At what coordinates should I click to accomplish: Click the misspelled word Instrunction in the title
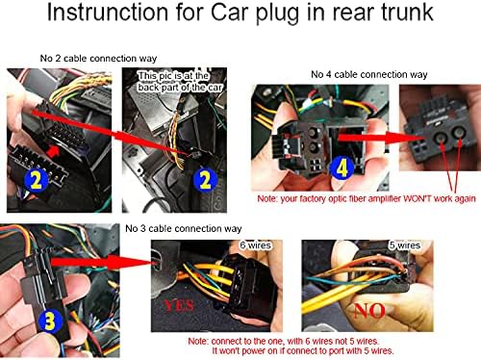point(108,13)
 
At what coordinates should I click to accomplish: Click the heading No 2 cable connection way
point(98,59)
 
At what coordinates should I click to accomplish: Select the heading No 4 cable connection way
point(369,74)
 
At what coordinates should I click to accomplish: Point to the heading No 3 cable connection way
point(184,228)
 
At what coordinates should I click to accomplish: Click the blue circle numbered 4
point(342,168)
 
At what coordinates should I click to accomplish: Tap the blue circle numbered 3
point(49,321)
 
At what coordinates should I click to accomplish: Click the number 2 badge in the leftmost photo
point(36,180)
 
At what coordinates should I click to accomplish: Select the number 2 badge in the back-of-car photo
point(205,180)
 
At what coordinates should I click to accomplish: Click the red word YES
point(179,305)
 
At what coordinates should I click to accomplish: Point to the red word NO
point(369,310)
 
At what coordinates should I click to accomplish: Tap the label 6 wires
point(256,245)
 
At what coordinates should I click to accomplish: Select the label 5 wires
point(405,245)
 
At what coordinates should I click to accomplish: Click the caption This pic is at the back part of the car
point(180,82)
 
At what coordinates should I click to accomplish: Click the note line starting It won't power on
point(303,351)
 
